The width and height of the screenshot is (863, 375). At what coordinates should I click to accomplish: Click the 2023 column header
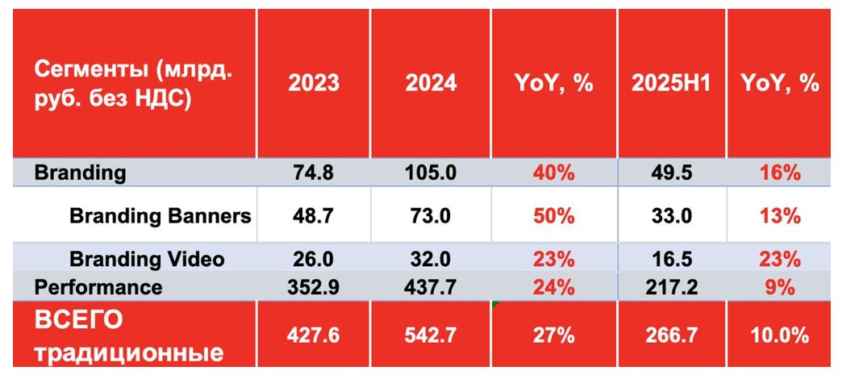coord(313,83)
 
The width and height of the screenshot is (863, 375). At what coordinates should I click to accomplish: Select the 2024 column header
coord(430,83)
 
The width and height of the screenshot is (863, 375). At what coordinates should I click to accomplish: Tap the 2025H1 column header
coord(672,83)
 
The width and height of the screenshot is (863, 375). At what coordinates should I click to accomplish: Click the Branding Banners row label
coord(160,216)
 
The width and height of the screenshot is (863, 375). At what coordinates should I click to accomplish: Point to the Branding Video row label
coord(147,260)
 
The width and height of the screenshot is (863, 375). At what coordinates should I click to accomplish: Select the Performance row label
coord(98,287)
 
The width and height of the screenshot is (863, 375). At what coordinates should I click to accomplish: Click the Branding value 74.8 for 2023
coord(313,173)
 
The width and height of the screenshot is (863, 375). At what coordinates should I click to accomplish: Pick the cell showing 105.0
coord(430,173)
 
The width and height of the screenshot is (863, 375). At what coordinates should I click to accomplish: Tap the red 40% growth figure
coord(553,173)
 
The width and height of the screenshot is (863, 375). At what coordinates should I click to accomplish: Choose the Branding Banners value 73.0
coord(430,216)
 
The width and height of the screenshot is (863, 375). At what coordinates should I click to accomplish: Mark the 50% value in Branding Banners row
coord(553,216)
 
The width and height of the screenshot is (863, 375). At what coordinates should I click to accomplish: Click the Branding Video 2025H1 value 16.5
coord(672,260)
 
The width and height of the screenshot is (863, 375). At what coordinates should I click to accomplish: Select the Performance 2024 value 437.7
coord(430,287)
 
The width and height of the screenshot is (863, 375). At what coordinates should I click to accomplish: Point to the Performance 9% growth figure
coord(778,287)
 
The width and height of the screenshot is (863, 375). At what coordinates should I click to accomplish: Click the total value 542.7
coord(430,335)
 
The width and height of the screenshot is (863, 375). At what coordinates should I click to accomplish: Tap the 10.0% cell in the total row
coord(778,335)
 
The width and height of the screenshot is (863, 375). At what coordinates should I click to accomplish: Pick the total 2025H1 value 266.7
coord(672,335)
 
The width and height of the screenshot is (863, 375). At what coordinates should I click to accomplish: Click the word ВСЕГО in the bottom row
coord(78,320)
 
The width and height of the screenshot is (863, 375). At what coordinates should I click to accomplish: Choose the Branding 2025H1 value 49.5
coord(672,173)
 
